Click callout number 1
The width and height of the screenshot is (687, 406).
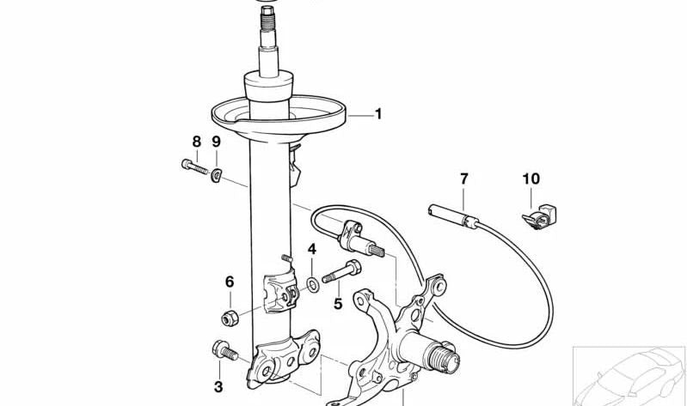pos(377,114)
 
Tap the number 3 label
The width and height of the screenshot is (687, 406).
pos(218,387)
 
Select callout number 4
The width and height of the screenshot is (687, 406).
pos(312,250)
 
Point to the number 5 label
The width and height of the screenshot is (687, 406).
pos(338,303)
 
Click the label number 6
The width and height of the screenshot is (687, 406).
pos(230,282)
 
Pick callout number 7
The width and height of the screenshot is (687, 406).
pos(464,179)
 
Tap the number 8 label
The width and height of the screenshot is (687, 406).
pos(196,142)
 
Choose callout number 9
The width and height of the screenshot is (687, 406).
pos(217,142)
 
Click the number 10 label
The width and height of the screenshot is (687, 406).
pos(531,179)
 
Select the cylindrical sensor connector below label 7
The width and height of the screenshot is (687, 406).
pos(453,214)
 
